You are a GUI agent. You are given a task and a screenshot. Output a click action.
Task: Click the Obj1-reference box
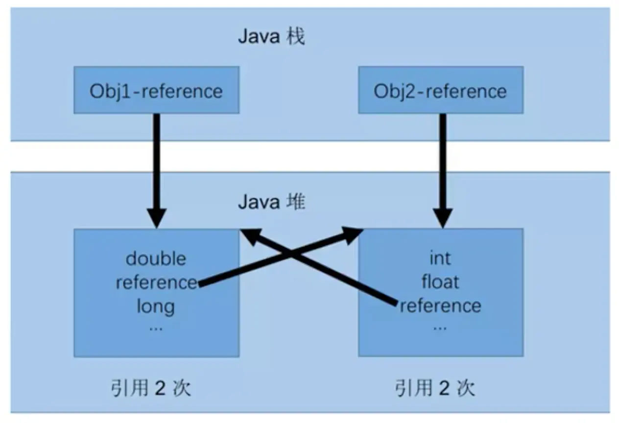click(156, 91)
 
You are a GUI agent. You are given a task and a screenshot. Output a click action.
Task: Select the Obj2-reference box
click(440, 91)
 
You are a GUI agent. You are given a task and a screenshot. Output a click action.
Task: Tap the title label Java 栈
click(271, 37)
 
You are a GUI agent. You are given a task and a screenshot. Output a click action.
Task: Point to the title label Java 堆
click(271, 202)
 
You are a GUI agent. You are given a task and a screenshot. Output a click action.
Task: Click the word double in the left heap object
click(156, 258)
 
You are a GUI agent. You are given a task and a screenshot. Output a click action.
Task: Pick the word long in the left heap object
click(156, 306)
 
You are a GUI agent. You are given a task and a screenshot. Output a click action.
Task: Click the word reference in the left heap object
click(156, 282)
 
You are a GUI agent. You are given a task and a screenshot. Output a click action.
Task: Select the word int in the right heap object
click(440, 258)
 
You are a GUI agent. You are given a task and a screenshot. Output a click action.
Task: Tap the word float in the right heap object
click(440, 282)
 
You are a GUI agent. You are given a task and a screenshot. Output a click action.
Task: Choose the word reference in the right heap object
click(440, 306)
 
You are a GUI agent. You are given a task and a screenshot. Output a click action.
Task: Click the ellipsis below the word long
click(156, 327)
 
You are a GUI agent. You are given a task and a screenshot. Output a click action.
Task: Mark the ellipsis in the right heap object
click(440, 327)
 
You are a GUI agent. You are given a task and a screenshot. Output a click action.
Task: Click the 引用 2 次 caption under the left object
click(151, 389)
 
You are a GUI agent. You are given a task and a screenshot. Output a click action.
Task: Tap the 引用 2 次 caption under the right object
click(435, 389)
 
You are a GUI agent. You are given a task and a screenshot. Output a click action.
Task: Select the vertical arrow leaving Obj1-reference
click(157, 162)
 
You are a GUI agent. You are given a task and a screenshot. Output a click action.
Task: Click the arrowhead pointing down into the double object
click(157, 218)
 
